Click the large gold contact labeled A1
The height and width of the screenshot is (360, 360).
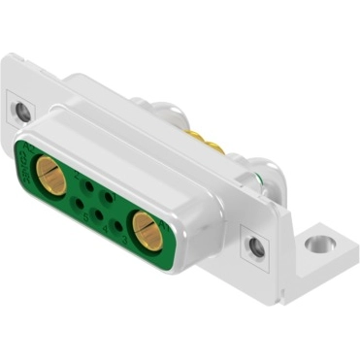tap(146, 231)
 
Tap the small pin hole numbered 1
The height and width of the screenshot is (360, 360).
tap(108, 197)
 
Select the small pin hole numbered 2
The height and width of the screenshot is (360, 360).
tap(88, 186)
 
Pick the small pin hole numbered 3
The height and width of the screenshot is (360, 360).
tap(118, 226)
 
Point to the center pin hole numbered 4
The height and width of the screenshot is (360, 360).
tap(98, 215)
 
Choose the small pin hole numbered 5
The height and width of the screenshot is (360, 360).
tap(79, 204)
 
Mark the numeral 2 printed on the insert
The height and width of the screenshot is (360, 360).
tap(77, 176)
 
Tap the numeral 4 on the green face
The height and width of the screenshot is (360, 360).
tap(105, 230)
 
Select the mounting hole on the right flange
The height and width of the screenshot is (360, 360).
tap(256, 247)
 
